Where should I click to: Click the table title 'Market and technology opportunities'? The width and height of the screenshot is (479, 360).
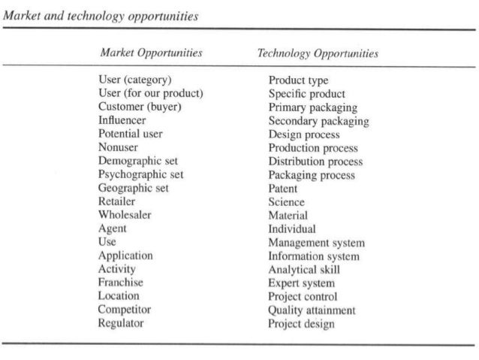pos(101,17)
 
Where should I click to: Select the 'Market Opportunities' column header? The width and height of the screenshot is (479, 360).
pos(151,53)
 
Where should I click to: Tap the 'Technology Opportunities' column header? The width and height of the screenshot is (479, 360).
pos(318,54)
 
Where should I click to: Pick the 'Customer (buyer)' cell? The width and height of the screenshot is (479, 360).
pos(140,107)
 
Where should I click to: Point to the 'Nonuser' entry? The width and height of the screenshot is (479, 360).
pos(118,147)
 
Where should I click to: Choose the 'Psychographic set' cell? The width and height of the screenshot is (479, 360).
pos(140,174)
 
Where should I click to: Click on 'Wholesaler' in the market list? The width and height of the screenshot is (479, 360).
pos(124,215)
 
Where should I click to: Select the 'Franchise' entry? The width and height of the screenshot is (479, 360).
pos(120,283)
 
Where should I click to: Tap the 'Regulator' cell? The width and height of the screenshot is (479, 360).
pos(120,323)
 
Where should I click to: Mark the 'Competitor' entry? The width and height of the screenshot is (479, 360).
pos(125,310)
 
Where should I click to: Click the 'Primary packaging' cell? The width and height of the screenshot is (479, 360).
pos(313,107)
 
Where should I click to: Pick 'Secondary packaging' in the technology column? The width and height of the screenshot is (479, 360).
pos(318,121)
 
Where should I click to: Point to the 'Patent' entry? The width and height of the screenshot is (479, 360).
pos(283,189)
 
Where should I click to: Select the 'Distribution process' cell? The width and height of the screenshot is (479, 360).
pos(315,162)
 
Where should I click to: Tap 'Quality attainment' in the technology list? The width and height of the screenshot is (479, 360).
pos(312,310)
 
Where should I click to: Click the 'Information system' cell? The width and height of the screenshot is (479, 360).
pos(314,256)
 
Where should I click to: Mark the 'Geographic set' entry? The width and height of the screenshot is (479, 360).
pos(134,188)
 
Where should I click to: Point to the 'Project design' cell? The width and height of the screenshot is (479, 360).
pos(301,324)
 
